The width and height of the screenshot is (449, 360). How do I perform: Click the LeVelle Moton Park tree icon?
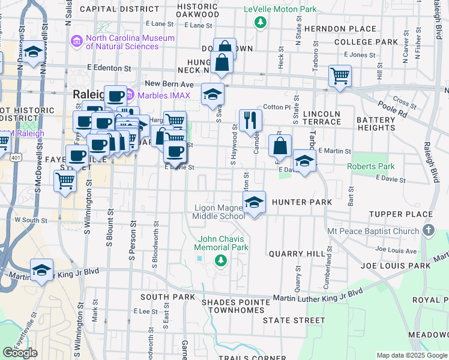tap(260, 23)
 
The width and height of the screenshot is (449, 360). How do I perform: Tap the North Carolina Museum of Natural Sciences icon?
tap(77, 42)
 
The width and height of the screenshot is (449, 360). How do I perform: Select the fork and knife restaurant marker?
tap(250, 119)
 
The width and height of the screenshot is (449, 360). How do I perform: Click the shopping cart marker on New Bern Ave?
tap(340, 76)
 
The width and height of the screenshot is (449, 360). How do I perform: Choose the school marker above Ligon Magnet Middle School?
tap(255, 202)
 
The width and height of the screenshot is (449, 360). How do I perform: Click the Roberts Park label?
tap(370, 166)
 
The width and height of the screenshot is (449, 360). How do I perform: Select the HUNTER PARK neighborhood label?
tap(302, 202)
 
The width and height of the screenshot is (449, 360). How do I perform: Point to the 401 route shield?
tap(14, 155)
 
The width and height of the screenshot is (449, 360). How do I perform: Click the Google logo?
tap(20, 352)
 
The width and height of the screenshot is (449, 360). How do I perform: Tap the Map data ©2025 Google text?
tap(412, 355)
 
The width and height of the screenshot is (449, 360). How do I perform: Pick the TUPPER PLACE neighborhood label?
tap(400, 214)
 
